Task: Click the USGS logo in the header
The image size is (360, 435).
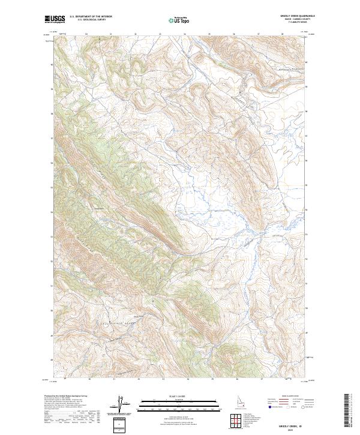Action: point(55,19)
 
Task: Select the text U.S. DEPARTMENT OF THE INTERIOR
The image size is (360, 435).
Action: point(91,17)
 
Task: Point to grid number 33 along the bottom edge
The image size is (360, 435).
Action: point(163,379)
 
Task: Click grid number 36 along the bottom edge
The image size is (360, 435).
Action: point(238,379)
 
